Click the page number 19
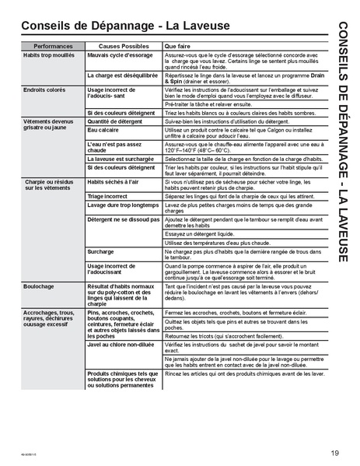[x=334, y=432]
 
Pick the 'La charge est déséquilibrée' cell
[x=123, y=75]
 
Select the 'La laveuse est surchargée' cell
[x=122, y=158]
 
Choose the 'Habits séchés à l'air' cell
[x=114, y=180]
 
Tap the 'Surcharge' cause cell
[x=101, y=252]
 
